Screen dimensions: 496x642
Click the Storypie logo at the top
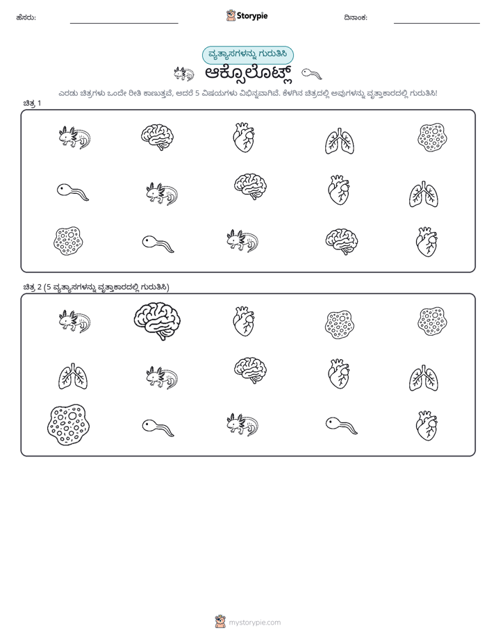(247, 15)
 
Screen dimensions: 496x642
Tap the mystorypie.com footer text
(254, 623)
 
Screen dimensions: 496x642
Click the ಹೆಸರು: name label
(26, 17)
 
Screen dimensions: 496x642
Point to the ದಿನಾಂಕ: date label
(356, 17)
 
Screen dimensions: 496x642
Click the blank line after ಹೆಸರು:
(124, 24)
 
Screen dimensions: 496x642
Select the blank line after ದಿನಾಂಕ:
(437, 24)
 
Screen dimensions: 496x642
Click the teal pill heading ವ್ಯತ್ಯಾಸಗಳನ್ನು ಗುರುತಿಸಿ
(247, 55)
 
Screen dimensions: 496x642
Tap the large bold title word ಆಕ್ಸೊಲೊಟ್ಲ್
(249, 74)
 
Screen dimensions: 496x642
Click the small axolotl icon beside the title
(183, 74)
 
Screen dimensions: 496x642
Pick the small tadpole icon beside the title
(312, 74)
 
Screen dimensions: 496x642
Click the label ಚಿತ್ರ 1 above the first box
(32, 103)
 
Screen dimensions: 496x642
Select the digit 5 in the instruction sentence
(197, 93)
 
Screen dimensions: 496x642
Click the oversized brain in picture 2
(152, 321)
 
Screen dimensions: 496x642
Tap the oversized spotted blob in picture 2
(69, 425)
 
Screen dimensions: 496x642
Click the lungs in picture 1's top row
(340, 141)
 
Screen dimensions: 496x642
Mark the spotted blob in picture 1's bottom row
(68, 241)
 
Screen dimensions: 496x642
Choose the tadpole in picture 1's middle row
(72, 192)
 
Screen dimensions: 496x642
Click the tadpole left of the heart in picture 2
(341, 425)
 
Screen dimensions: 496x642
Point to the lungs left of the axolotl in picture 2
(73, 376)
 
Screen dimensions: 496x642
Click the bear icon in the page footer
(220, 622)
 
